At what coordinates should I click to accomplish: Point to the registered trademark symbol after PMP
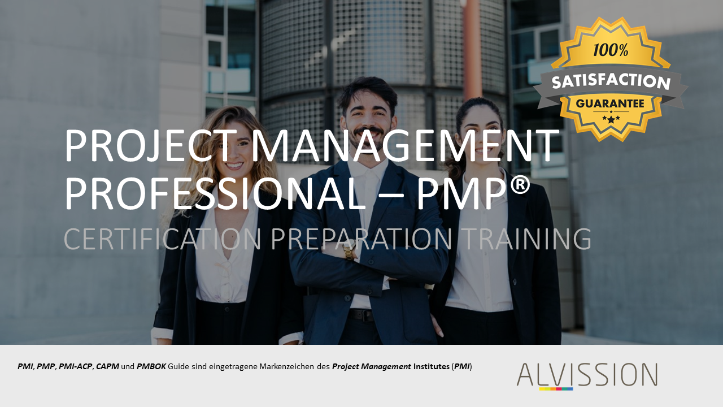(x=519, y=186)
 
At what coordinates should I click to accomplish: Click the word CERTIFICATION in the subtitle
(x=162, y=239)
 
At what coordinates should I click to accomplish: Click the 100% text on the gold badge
(x=611, y=50)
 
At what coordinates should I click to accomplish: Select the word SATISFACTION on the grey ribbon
(x=611, y=81)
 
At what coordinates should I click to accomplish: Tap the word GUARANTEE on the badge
(x=610, y=103)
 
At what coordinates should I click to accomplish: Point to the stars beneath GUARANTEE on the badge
(x=611, y=119)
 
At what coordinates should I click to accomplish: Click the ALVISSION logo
(x=587, y=375)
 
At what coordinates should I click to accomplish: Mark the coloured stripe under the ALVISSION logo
(x=556, y=389)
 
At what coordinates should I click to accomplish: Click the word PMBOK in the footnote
(x=151, y=366)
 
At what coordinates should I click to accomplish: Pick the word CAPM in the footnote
(x=107, y=366)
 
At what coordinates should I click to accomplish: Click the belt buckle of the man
(x=365, y=315)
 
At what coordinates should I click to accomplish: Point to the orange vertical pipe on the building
(x=472, y=49)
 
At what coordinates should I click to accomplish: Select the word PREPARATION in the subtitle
(x=361, y=239)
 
